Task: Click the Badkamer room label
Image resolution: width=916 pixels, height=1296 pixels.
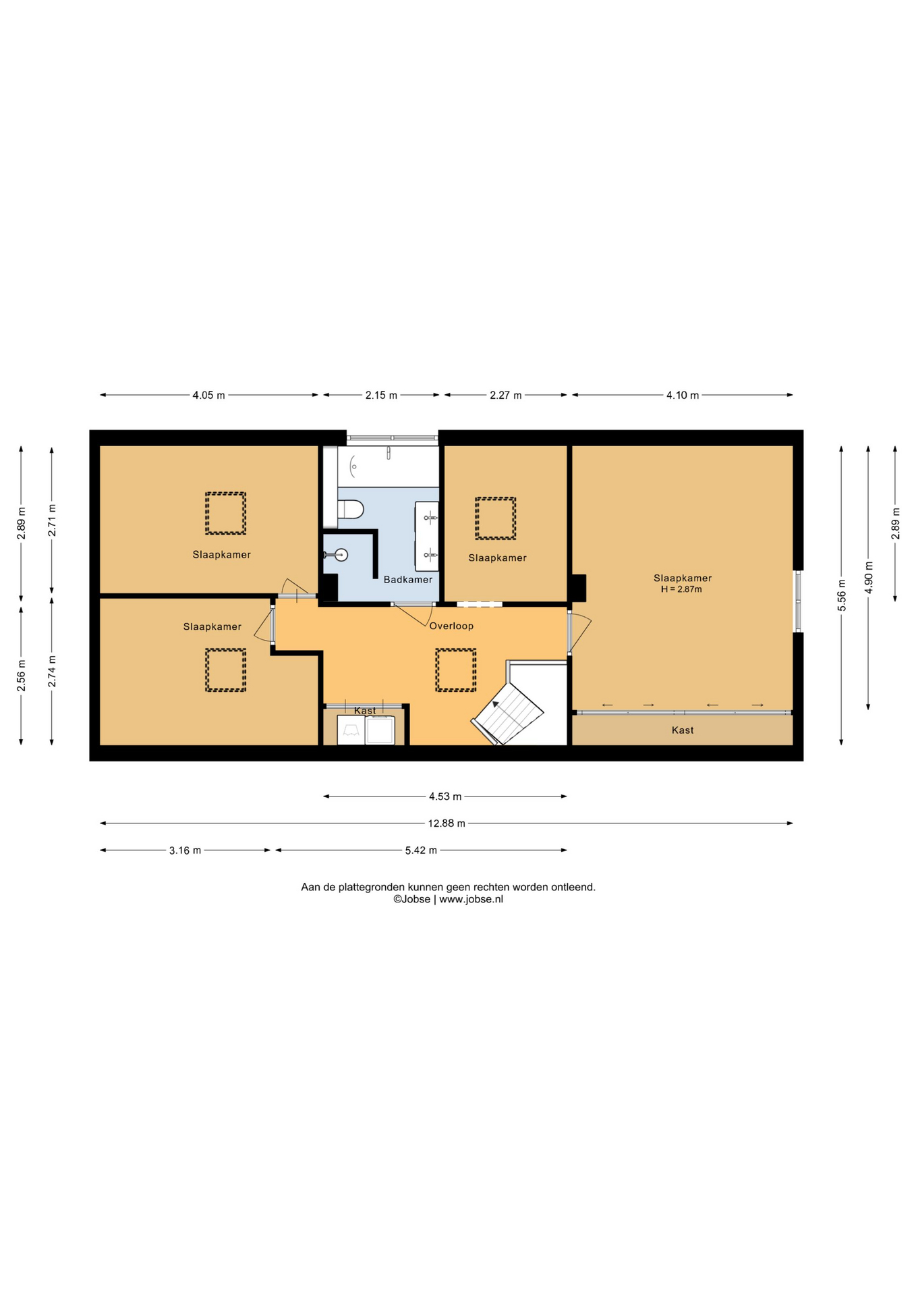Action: pos(408,579)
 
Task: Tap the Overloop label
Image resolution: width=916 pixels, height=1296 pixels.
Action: pos(451,626)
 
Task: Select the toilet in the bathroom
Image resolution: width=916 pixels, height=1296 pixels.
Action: pos(350,508)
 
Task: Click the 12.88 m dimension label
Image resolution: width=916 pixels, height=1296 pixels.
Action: pos(447,823)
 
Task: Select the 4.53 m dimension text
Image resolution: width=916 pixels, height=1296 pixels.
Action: pos(445,796)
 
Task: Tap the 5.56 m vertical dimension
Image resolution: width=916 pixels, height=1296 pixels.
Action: pos(841,595)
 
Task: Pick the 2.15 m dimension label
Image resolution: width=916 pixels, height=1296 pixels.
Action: pos(381,395)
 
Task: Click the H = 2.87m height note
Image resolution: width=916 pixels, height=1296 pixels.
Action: pos(681,589)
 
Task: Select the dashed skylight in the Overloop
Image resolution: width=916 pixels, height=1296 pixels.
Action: pos(456,670)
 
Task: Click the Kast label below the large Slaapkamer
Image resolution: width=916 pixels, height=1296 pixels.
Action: pos(683,730)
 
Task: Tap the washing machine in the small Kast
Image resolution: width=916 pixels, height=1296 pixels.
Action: pos(380,730)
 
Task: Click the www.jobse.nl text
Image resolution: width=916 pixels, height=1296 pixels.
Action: pos(471,899)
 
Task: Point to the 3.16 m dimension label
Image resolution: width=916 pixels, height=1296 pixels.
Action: pos(185,850)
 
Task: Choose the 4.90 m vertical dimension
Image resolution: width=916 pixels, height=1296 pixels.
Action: pos(868,578)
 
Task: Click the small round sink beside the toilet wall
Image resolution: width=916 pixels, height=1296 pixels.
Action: pos(341,555)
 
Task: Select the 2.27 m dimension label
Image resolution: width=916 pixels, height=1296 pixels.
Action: pos(506,395)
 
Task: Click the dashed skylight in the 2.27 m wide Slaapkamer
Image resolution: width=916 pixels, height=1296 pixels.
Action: pos(496,518)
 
